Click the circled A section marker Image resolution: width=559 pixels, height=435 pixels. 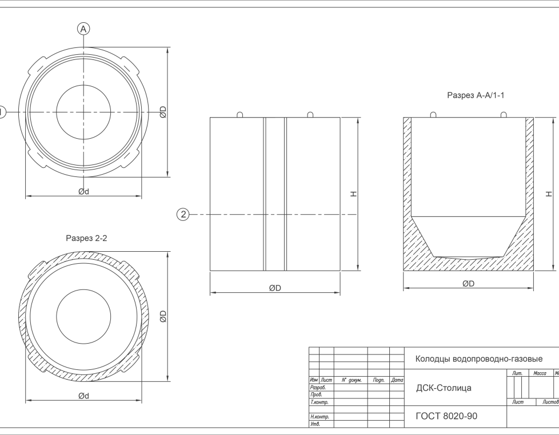[83, 29]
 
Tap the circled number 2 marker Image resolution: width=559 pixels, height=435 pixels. [183, 214]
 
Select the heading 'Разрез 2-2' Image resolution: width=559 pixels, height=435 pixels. [86, 238]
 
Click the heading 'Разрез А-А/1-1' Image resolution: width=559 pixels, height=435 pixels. [476, 95]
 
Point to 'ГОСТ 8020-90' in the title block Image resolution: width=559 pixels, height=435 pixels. [446, 416]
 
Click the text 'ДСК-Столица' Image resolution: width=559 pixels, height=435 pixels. [444, 388]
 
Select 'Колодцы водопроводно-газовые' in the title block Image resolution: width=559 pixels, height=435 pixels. [479, 359]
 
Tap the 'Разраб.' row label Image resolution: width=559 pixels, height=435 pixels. [318, 387]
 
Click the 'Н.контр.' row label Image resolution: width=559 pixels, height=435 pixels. [320, 417]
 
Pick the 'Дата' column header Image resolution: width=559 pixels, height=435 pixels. [397, 380]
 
